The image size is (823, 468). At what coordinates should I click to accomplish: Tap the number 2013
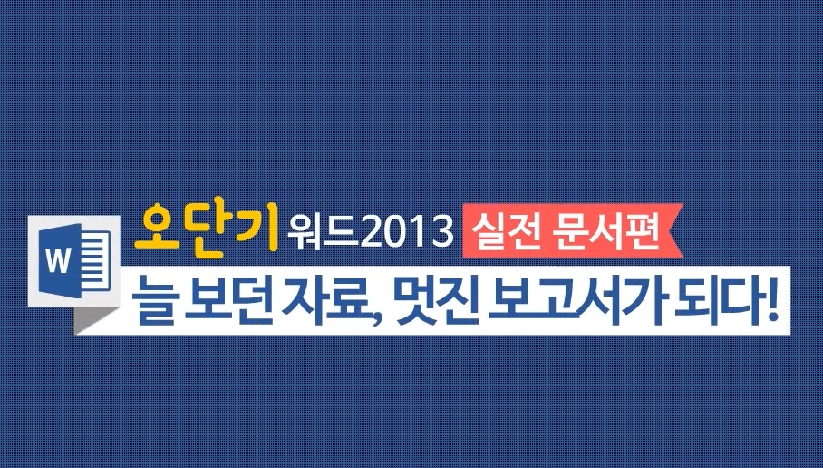coord(407,233)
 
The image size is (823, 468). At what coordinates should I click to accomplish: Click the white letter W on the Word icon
coord(58,260)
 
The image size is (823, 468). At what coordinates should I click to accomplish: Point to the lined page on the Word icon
coord(96,259)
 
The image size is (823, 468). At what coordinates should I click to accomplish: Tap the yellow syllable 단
coord(205,232)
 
